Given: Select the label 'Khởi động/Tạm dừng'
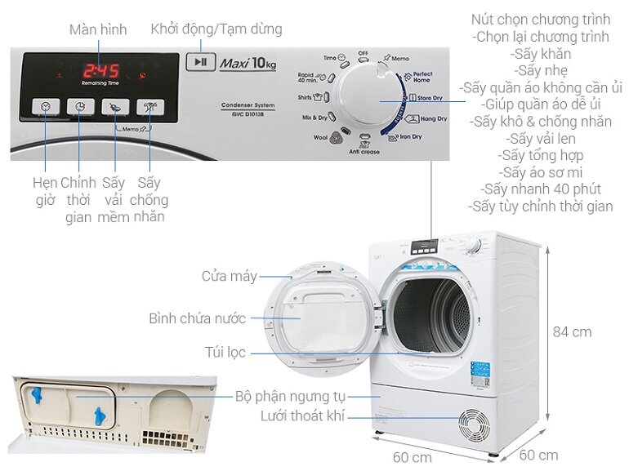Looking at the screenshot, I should tap(216, 29).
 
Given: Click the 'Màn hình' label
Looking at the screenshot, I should tap(98, 29).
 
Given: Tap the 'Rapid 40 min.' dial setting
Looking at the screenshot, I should tap(310, 78).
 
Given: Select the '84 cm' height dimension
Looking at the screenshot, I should tap(571, 332).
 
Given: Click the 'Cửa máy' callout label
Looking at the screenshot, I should tap(230, 277).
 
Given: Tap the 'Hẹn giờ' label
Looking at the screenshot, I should tap(45, 190).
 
